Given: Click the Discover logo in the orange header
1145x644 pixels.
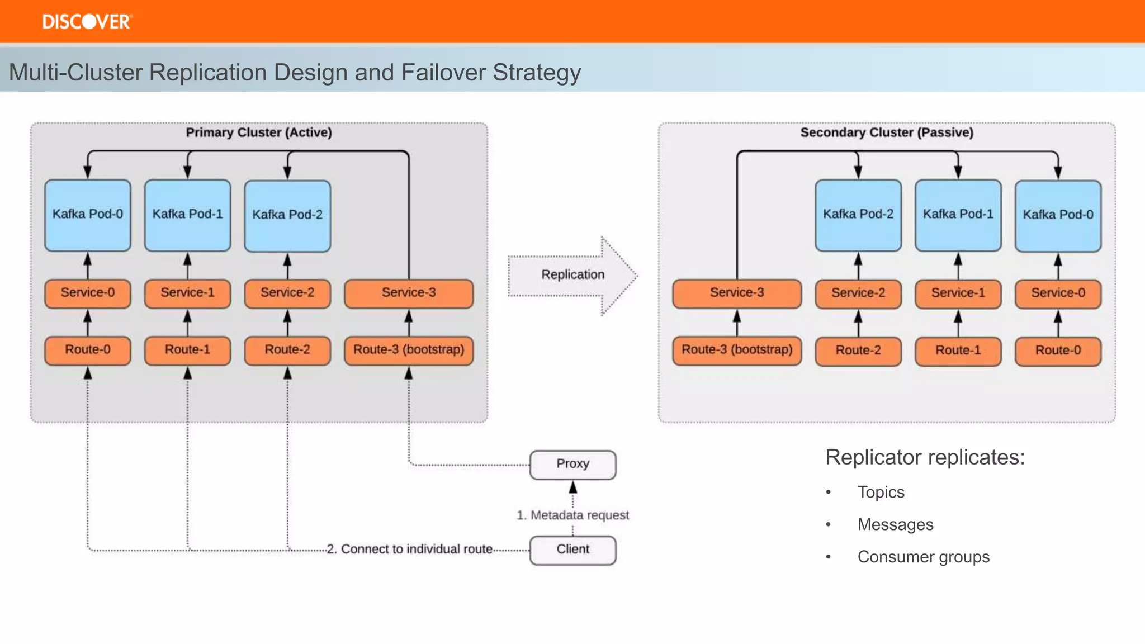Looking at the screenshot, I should pos(87,22).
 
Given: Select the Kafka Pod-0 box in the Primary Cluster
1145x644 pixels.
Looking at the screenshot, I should pos(88,215).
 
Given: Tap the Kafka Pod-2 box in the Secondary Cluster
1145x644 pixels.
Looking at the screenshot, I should pos(858,215).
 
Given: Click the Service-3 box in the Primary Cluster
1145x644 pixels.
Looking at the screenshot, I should pos(409,293).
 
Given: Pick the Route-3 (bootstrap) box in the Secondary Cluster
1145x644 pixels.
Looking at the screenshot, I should pos(736,350).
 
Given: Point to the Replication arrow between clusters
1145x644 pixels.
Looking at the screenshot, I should pos(572,275).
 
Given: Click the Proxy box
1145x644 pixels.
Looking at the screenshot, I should pos(572,464).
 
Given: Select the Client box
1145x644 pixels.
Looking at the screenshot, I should pos(572,550).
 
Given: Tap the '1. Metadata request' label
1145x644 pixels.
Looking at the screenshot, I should pos(572,515).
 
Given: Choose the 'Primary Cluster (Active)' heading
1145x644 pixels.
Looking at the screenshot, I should pos(259,132).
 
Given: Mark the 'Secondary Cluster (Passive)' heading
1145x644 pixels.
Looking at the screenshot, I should pos(887,132).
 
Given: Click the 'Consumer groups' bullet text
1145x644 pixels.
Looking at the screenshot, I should pos(923,557).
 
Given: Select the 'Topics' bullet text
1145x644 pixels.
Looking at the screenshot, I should pos(881,492).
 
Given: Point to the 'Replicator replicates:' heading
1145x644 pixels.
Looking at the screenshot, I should pos(925,457).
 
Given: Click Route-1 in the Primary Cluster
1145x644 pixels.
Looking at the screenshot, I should pos(187,350).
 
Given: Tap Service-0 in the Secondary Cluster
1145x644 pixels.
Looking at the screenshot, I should pos(1058,293).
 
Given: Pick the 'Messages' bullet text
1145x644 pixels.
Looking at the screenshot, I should pos(895,524).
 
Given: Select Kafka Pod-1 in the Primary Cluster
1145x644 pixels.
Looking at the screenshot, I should pos(187,215).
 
